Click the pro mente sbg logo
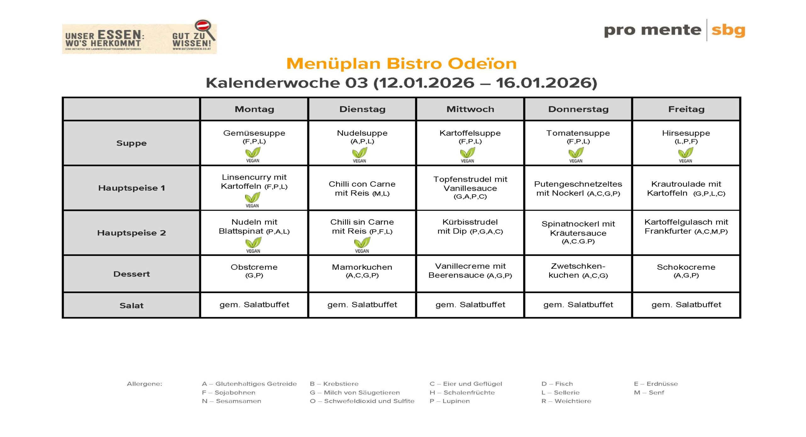click(x=674, y=31)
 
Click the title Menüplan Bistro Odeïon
click(x=401, y=63)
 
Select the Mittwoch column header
click(x=470, y=109)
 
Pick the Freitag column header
click(x=686, y=109)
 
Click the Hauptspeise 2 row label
click(x=131, y=233)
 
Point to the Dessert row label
click(x=131, y=274)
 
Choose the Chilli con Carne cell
click(x=362, y=188)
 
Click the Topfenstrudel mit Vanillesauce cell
click(x=470, y=188)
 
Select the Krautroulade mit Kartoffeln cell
click(x=686, y=188)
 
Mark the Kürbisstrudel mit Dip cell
click(x=470, y=226)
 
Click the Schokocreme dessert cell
click(x=686, y=271)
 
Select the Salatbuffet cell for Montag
click(x=254, y=305)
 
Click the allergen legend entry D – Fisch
click(x=557, y=384)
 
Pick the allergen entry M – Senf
click(x=649, y=393)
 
